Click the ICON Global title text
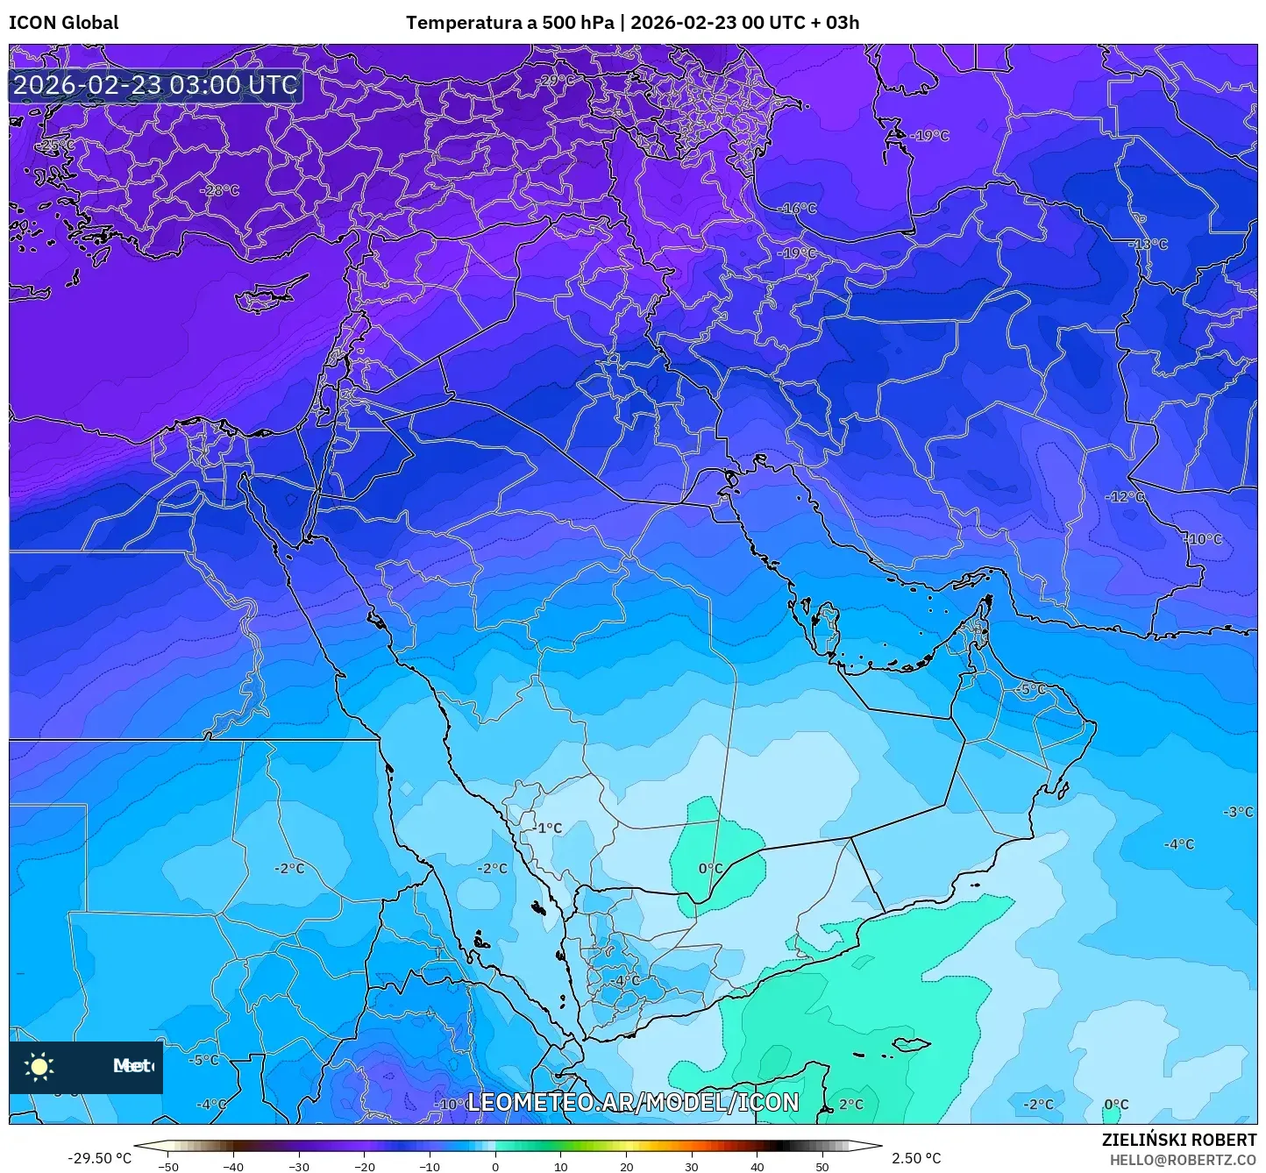(x=63, y=23)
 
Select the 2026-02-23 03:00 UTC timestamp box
(x=155, y=85)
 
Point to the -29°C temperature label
(x=556, y=81)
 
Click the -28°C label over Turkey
(x=219, y=190)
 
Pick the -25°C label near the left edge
(x=56, y=145)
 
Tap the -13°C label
(x=1149, y=245)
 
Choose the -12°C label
(x=1125, y=497)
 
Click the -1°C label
(x=548, y=828)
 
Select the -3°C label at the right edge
(x=1238, y=813)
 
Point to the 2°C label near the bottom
(x=850, y=1105)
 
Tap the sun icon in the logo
(x=39, y=1067)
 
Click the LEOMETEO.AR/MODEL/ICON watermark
(x=633, y=1103)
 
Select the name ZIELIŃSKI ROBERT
(x=1179, y=1140)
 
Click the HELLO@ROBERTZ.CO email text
(x=1183, y=1160)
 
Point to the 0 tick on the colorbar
(x=495, y=1166)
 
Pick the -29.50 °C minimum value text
(x=99, y=1158)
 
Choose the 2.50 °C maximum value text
(x=916, y=1158)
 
